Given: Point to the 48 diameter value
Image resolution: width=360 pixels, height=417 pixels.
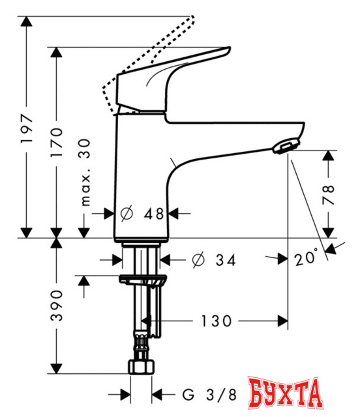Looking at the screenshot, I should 153,212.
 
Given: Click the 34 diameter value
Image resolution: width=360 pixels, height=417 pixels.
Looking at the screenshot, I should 223,261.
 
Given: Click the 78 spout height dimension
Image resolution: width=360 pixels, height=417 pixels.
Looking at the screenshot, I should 330,194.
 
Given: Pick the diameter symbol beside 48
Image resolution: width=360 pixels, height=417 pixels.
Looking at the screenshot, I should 127,212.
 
